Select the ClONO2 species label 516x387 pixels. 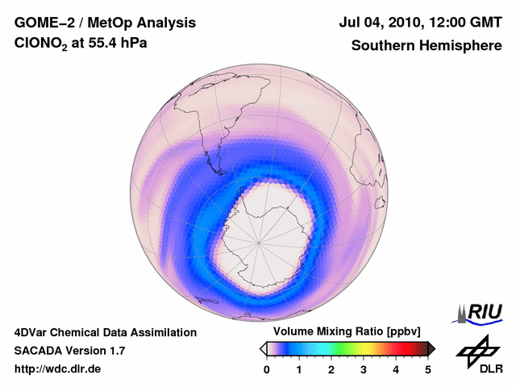tap(43, 47)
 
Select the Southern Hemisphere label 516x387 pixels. tap(426, 46)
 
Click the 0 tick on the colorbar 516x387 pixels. tap(267, 369)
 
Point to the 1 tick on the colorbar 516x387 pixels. tap(299, 369)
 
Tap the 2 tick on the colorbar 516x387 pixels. tap(331, 369)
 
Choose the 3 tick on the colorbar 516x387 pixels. tap(364, 369)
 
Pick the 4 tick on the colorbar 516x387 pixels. tap(396, 369)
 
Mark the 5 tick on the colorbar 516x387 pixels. tap(428, 369)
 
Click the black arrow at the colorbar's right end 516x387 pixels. tap(431, 348)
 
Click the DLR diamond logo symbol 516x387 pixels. tap(477, 347)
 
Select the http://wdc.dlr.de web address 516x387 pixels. tap(58, 369)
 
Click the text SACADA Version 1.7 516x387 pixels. tap(69, 351)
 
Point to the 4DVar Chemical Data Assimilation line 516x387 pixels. tap(105, 332)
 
